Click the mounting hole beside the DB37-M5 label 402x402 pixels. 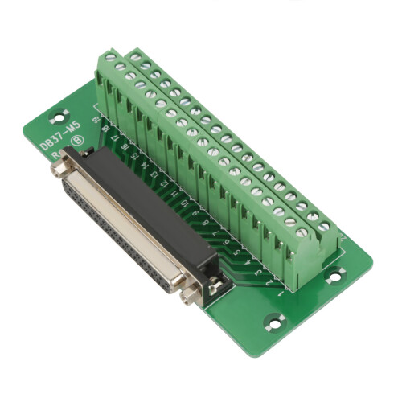59,115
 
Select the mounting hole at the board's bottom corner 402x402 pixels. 274,322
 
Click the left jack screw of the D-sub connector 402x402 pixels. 59,168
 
